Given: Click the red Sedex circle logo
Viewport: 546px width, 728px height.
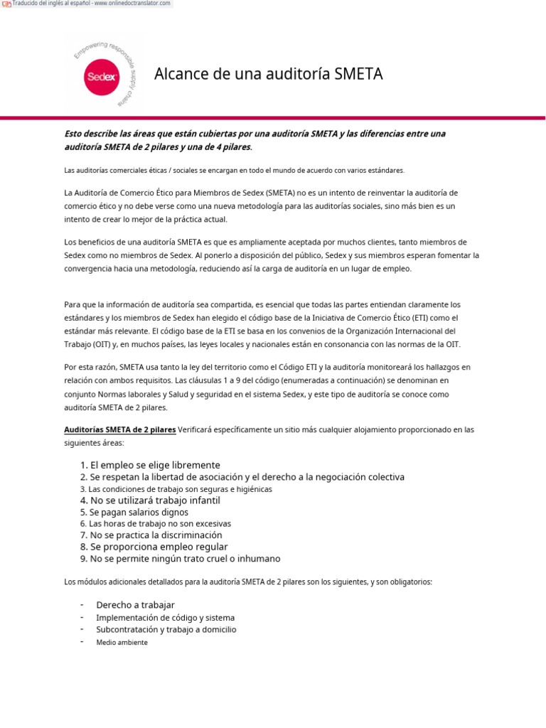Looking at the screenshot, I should (x=102, y=76).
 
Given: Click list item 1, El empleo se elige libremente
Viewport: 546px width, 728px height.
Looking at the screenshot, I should (x=150, y=465).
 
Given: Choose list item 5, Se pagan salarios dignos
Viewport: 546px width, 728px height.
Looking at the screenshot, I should (x=134, y=512).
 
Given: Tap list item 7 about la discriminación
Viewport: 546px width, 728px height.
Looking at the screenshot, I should (x=151, y=535).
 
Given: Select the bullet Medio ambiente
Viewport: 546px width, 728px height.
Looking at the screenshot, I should (x=122, y=642).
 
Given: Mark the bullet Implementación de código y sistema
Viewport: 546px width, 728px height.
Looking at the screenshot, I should (x=165, y=618).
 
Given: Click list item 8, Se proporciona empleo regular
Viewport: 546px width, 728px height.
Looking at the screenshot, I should (x=154, y=547).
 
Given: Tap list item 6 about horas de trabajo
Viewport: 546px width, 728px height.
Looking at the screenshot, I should (x=155, y=523).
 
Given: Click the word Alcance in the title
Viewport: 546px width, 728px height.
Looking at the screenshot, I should (x=180, y=74).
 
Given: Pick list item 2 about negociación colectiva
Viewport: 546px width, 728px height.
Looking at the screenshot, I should (x=242, y=477).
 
